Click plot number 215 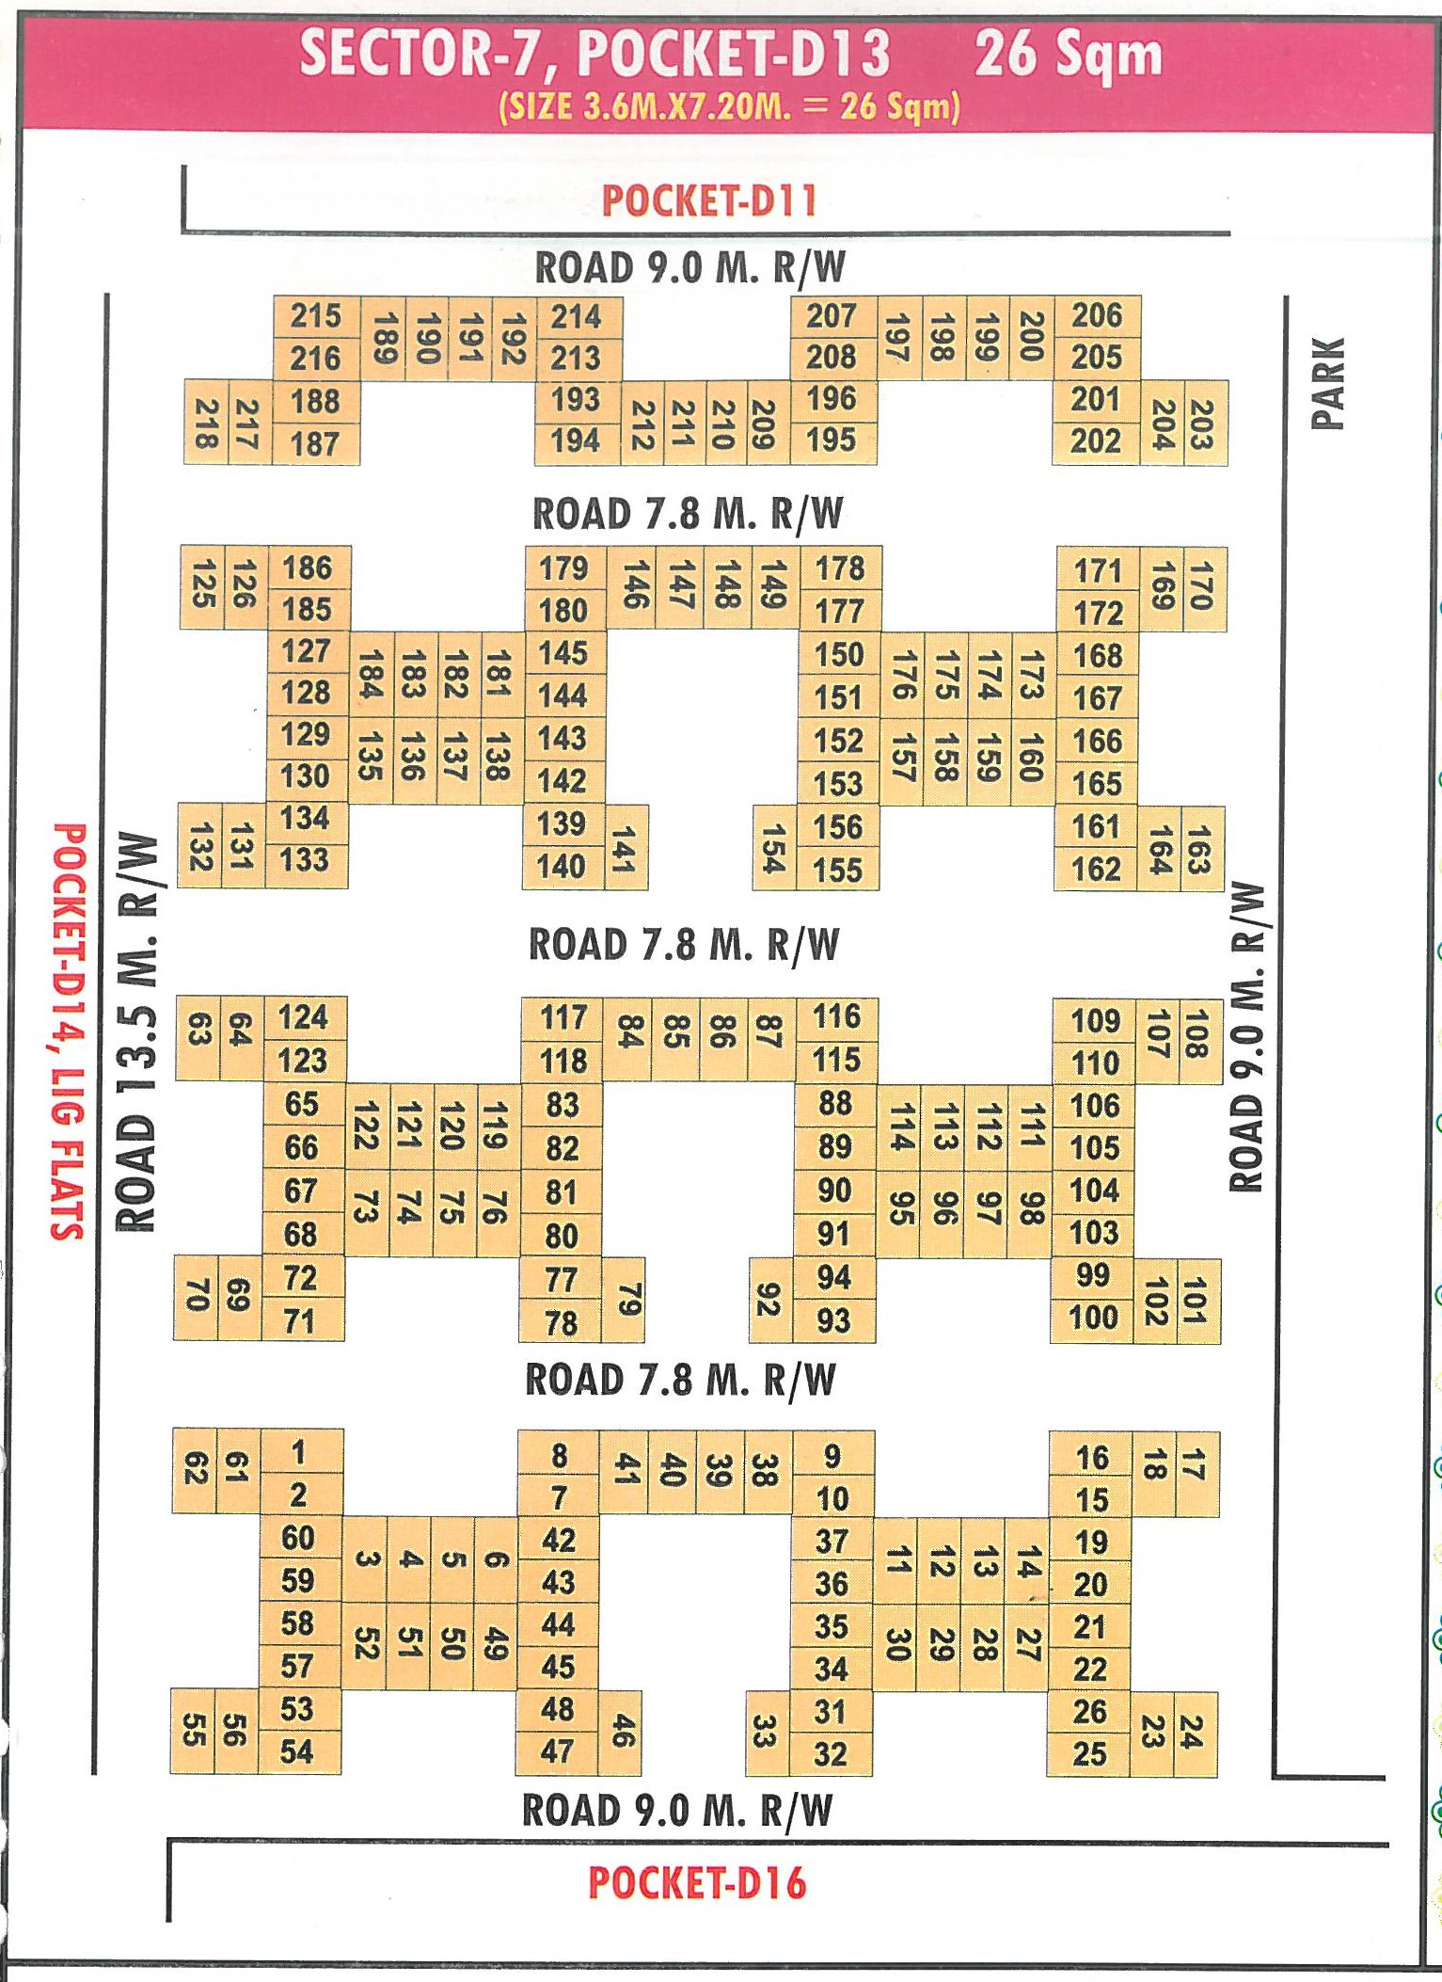click(x=316, y=316)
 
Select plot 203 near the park click(x=1204, y=424)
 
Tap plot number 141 click(x=626, y=847)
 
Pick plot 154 click(x=774, y=847)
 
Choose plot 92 click(x=769, y=1300)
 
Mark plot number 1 click(x=299, y=1452)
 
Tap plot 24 click(x=1193, y=1733)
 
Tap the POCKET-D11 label click(x=710, y=201)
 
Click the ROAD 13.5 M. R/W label click(x=135, y=1031)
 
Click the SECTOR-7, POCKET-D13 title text click(x=595, y=54)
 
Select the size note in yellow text click(x=730, y=106)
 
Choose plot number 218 click(x=206, y=423)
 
